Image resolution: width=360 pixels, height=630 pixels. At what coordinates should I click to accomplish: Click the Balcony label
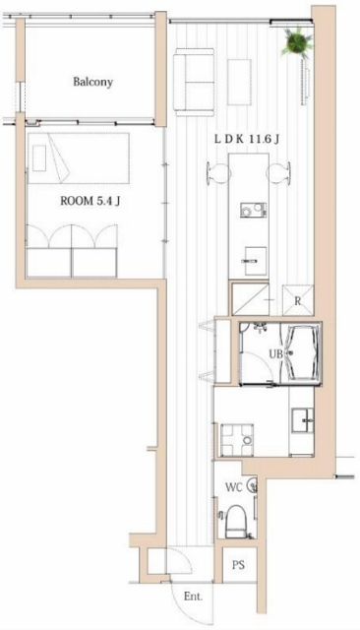(92, 82)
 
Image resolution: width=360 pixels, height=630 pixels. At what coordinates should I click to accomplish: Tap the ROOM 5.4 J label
(90, 201)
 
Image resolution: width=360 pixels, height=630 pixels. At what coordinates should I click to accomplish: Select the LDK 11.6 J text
(247, 140)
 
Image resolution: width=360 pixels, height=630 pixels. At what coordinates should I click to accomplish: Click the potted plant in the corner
(297, 41)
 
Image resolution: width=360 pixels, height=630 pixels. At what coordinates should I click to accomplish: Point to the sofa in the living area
(194, 82)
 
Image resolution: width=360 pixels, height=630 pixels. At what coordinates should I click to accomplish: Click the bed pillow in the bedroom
(39, 158)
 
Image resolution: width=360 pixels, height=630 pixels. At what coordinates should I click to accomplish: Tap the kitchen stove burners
(253, 210)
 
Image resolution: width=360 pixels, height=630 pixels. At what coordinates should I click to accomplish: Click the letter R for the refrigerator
(297, 301)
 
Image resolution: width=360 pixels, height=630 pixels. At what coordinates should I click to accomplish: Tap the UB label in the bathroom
(275, 354)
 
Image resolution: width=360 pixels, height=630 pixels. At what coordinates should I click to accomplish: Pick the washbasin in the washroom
(303, 420)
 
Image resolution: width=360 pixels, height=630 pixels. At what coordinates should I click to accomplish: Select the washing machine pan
(237, 440)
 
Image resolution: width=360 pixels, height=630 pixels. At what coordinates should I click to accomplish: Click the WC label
(233, 487)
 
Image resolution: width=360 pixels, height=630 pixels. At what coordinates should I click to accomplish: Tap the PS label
(238, 565)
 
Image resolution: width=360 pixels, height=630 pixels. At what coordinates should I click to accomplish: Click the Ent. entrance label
(193, 597)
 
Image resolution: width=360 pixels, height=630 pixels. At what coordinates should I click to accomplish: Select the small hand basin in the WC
(252, 485)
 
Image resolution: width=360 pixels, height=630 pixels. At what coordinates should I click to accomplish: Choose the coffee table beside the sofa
(239, 82)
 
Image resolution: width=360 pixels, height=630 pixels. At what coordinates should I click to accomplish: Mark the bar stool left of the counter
(213, 173)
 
